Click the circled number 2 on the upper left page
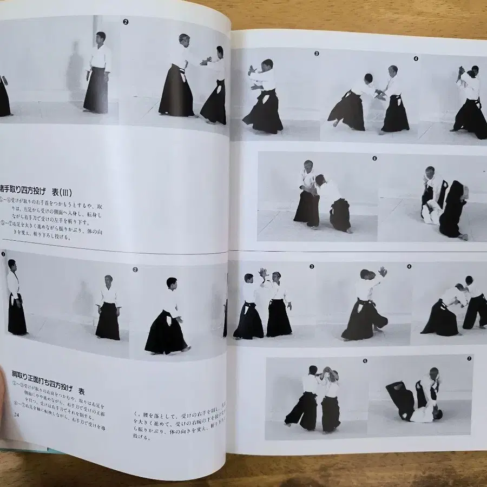coord(126,22)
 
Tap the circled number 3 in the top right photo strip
coord(316,54)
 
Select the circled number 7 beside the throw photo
coord(469,358)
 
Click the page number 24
coord(16,414)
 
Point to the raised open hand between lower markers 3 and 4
coord(383,271)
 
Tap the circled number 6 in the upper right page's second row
coord(374,159)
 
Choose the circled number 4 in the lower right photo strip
coord(409,267)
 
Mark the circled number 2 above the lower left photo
coord(135,269)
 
